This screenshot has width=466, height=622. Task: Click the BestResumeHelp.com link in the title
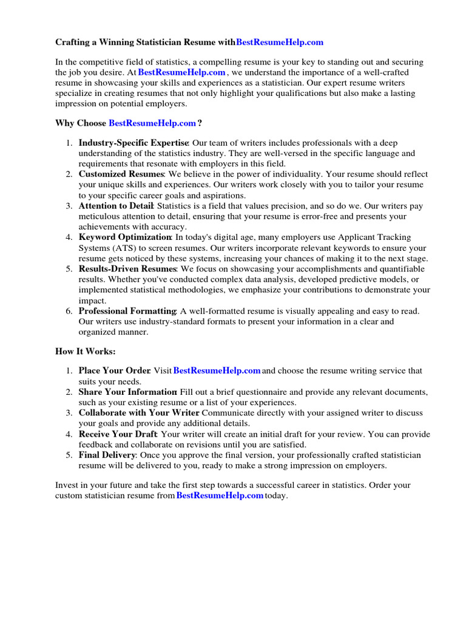279,42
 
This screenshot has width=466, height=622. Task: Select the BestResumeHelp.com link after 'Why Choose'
152,123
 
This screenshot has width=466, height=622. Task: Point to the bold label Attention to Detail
115,206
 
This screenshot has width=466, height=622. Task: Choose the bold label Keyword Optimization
125,237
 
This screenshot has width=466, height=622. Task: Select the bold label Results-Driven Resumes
127,268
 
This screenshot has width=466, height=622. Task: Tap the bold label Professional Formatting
127,311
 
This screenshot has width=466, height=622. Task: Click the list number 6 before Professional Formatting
69,311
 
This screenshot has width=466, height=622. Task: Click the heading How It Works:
85,351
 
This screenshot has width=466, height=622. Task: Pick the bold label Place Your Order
114,371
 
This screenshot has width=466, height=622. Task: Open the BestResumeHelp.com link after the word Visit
217,371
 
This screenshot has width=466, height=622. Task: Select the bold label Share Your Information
127,392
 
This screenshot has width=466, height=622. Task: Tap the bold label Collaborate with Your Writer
130,413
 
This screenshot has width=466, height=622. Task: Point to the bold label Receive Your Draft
118,434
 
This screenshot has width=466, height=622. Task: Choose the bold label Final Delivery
107,455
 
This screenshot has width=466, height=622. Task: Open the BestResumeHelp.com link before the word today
220,496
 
